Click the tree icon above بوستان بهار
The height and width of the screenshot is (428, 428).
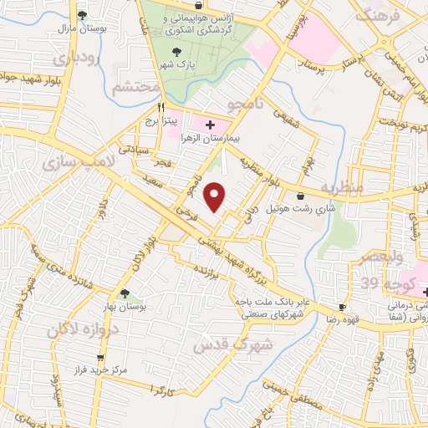click(125, 293)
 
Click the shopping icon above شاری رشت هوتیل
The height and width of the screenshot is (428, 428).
click(299, 196)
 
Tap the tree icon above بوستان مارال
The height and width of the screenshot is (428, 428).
click(82, 15)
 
